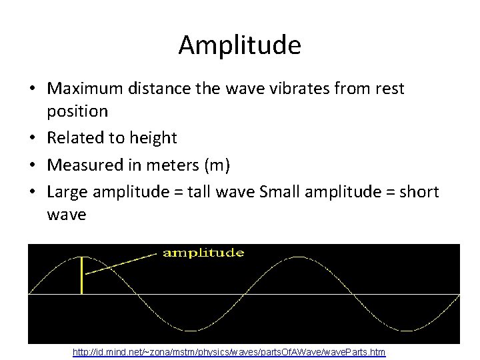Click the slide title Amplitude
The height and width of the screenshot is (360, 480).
click(x=240, y=46)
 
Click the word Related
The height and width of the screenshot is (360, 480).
click(x=75, y=138)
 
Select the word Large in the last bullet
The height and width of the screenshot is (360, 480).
click(x=69, y=192)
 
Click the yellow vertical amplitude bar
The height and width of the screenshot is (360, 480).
click(x=81, y=275)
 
